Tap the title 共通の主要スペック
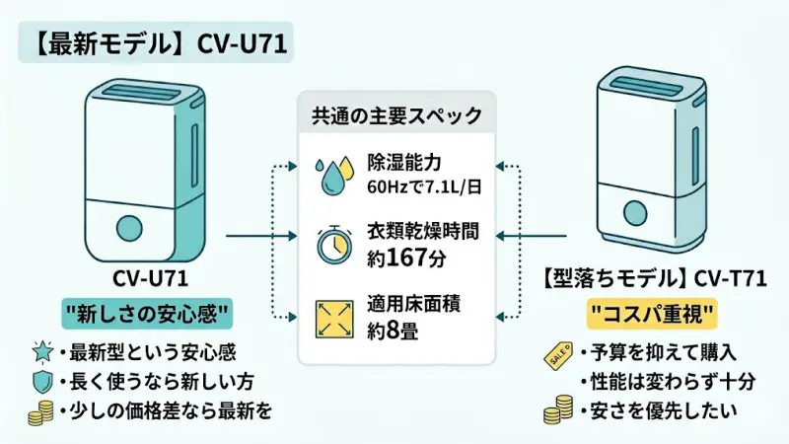coord(394,116)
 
